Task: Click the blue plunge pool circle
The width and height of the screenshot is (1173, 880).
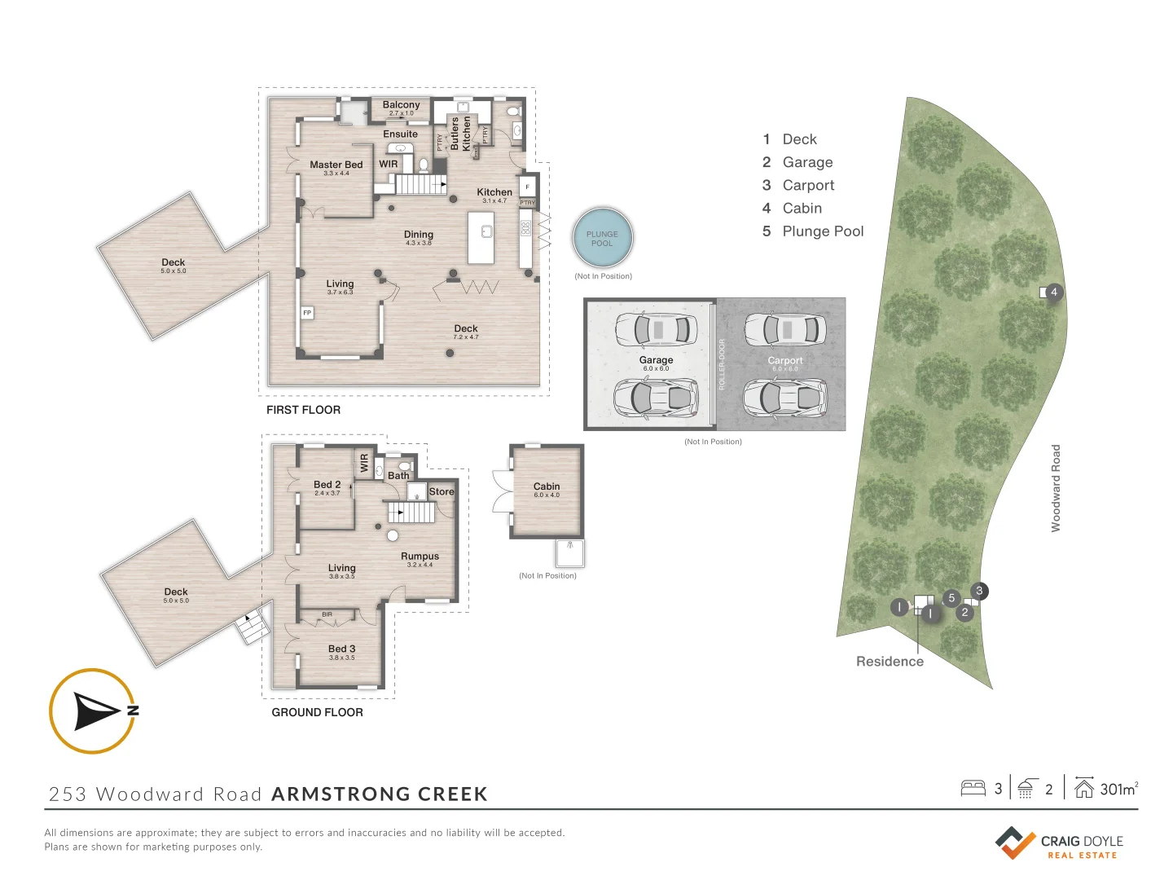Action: point(603,238)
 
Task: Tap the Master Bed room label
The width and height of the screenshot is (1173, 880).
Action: point(336,165)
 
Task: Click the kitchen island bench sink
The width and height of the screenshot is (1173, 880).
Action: point(486,231)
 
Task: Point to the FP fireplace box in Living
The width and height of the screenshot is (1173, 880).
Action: point(307,313)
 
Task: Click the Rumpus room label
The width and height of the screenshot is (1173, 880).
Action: point(420,557)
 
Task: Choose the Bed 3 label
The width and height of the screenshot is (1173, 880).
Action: point(341,649)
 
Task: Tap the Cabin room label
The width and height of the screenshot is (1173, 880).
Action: point(547,486)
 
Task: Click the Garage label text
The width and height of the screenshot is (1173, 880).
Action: point(656,360)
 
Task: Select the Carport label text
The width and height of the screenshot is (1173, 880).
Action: point(785,360)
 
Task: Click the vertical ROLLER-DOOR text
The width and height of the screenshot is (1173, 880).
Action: point(722,364)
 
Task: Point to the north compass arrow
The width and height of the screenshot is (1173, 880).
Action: point(97,711)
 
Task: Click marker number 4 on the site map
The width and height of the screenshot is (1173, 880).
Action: point(1054,292)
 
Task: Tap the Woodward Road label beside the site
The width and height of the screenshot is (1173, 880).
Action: point(1056,488)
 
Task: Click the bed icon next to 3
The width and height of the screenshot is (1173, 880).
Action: point(973,788)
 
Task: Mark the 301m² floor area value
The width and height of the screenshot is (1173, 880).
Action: point(1118,789)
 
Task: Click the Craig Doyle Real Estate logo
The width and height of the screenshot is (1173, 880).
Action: point(1059,843)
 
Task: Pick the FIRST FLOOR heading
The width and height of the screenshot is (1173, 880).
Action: point(303,410)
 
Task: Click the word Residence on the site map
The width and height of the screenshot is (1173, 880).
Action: point(890,662)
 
